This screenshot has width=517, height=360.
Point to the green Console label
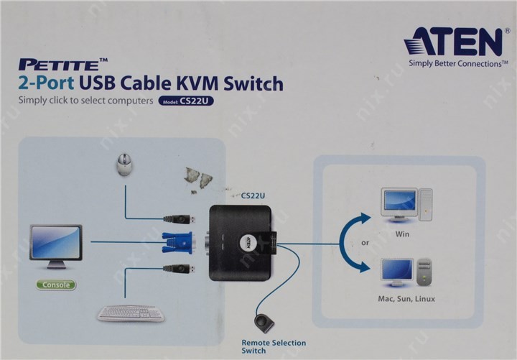coord(56,285)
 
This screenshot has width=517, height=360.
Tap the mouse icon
coord(124,166)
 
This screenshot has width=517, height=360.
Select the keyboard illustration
coord(130,314)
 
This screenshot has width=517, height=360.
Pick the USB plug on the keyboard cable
coord(177,269)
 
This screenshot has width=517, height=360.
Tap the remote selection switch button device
coord(264,321)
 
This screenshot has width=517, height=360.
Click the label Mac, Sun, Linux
coord(406,298)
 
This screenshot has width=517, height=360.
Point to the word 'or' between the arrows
coord(365,243)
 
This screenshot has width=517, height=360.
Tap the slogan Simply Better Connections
coord(454,63)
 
